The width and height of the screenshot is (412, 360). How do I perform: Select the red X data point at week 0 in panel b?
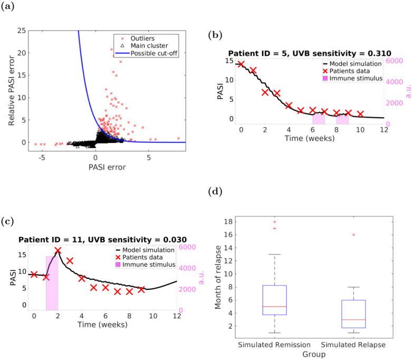(x=241, y=64)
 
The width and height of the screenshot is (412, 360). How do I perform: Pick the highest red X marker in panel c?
(x=58, y=251)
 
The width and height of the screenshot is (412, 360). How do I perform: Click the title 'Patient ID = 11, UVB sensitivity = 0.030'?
(x=102, y=239)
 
